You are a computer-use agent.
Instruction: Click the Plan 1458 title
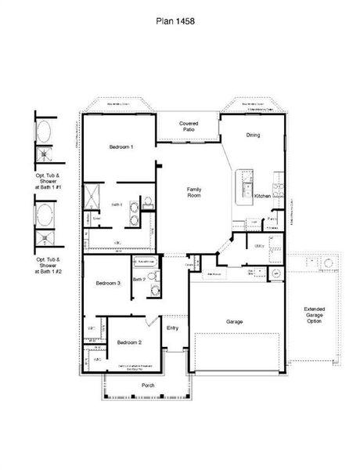[180, 23]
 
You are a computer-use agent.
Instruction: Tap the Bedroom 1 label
[121, 147]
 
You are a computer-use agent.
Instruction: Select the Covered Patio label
[188, 127]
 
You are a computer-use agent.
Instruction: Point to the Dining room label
[253, 136]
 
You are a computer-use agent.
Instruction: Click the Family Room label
[195, 193]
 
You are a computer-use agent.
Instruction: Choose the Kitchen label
[263, 197]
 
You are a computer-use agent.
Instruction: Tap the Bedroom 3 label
[107, 283]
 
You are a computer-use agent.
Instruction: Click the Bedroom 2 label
[128, 343]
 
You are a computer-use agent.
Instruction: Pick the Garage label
[236, 322]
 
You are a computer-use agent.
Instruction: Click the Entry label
[172, 327]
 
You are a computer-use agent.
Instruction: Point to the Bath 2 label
[139, 278]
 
